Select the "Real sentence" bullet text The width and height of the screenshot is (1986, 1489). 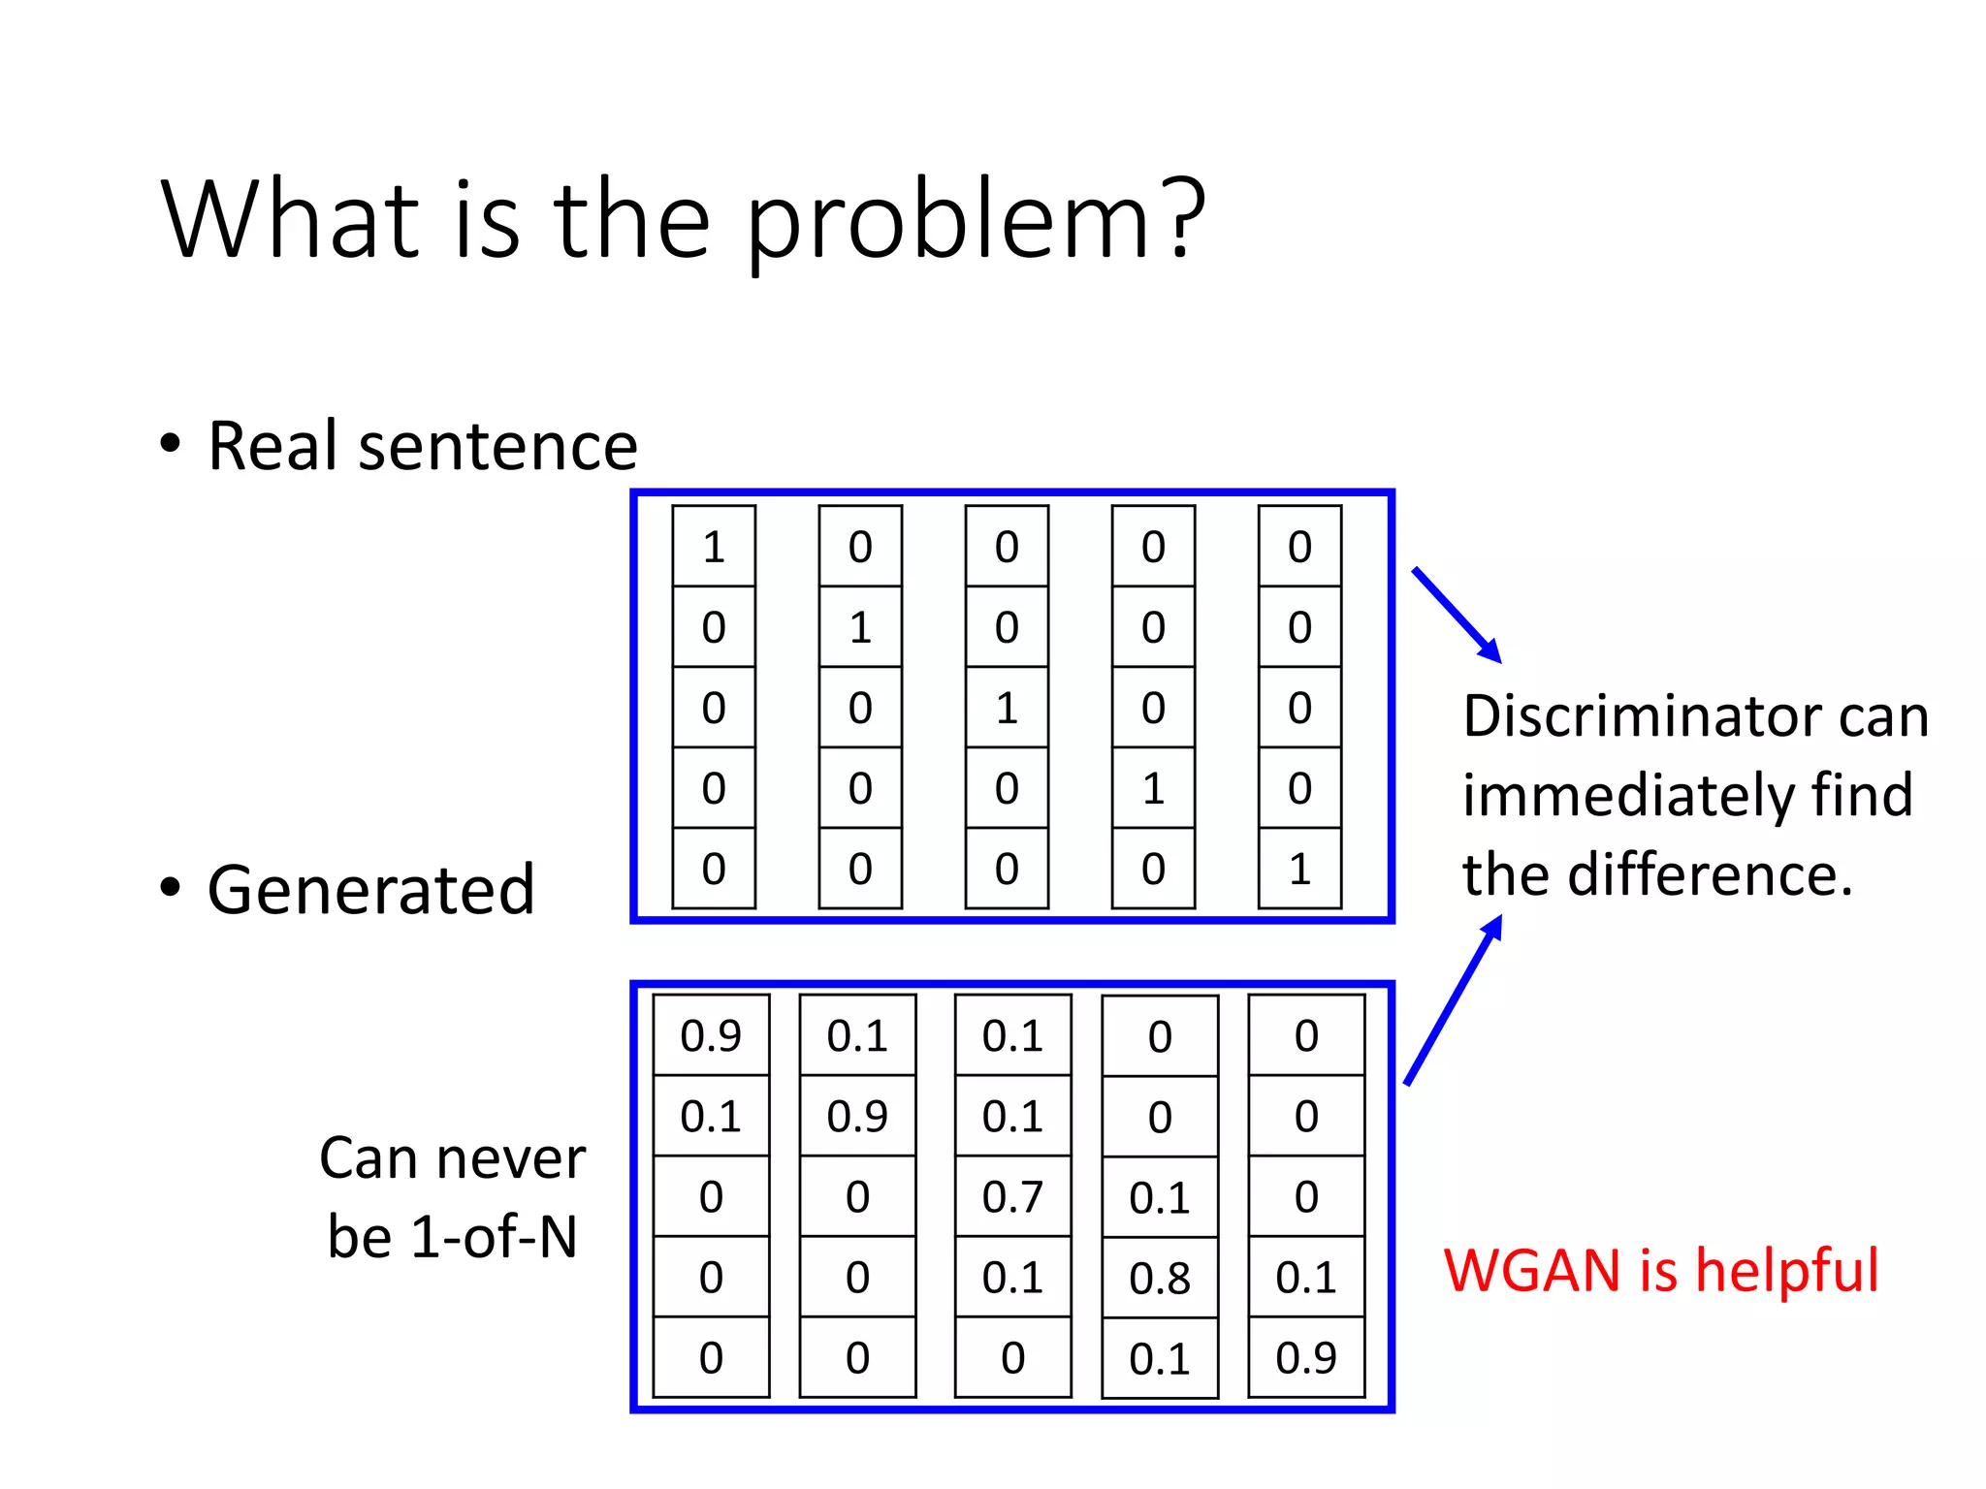423,446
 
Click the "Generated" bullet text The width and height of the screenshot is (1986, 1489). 370,890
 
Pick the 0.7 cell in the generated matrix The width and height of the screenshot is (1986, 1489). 1012,1196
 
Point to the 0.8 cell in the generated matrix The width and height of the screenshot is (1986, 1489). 1160,1278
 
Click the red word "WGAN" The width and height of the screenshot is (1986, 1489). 1532,1270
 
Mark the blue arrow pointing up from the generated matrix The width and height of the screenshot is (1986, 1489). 1453,1000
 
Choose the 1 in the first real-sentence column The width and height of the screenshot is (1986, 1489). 714,547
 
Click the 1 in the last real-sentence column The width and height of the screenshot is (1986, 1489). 1299,869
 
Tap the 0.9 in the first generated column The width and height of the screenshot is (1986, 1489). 711,1035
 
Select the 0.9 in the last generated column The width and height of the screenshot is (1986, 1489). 1306,1357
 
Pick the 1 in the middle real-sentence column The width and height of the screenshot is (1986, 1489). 1007,708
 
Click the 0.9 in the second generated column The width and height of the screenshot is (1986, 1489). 857,1116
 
